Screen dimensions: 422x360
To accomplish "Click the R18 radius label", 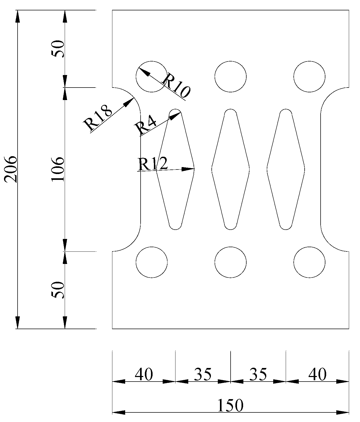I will coord(97,118).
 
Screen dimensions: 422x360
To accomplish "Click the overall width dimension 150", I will coord(230,406).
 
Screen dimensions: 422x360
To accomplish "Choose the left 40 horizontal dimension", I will coord(144,375).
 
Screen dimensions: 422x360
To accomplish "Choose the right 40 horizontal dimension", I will coord(317,375).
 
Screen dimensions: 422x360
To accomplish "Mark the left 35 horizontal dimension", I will coord(203,375).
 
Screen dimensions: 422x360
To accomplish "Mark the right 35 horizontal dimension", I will coord(258,375).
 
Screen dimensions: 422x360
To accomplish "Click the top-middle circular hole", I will coord(231,77).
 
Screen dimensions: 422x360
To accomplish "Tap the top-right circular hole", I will coord(309,77).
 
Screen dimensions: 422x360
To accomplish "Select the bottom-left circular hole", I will coord(152,262).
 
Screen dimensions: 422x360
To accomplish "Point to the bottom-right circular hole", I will coord(309,262).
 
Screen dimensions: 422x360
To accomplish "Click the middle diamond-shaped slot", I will coord(231,169).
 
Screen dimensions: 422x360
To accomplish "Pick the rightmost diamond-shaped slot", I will coord(286,169).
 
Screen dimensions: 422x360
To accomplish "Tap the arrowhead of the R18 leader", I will coord(130,101).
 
